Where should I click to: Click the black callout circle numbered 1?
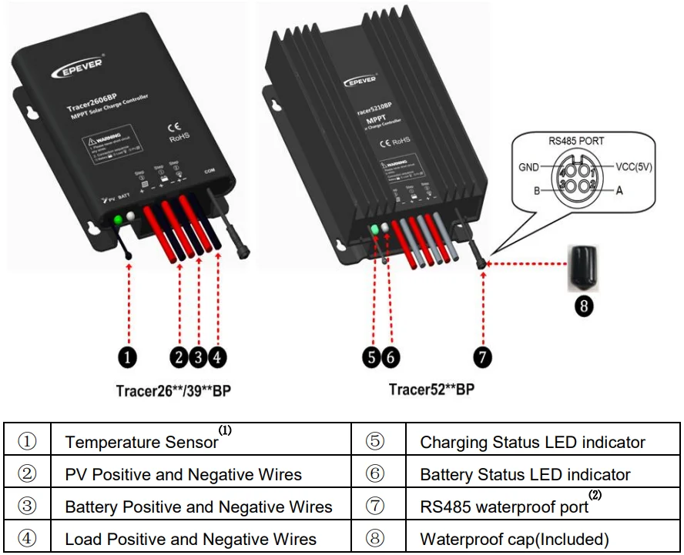point(128,357)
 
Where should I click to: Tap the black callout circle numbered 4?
point(218,357)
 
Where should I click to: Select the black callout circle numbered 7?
point(482,357)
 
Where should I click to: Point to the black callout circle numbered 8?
point(584,306)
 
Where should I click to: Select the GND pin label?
point(530,166)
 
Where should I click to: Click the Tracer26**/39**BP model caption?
point(173,390)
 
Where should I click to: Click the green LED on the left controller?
point(118,221)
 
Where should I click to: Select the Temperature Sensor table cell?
point(142,442)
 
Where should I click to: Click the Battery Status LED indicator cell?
point(525,475)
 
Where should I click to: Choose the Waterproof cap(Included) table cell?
point(514,539)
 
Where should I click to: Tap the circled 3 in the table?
point(27,507)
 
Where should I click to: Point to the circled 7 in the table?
point(375,507)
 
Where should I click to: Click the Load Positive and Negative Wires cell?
point(190,539)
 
